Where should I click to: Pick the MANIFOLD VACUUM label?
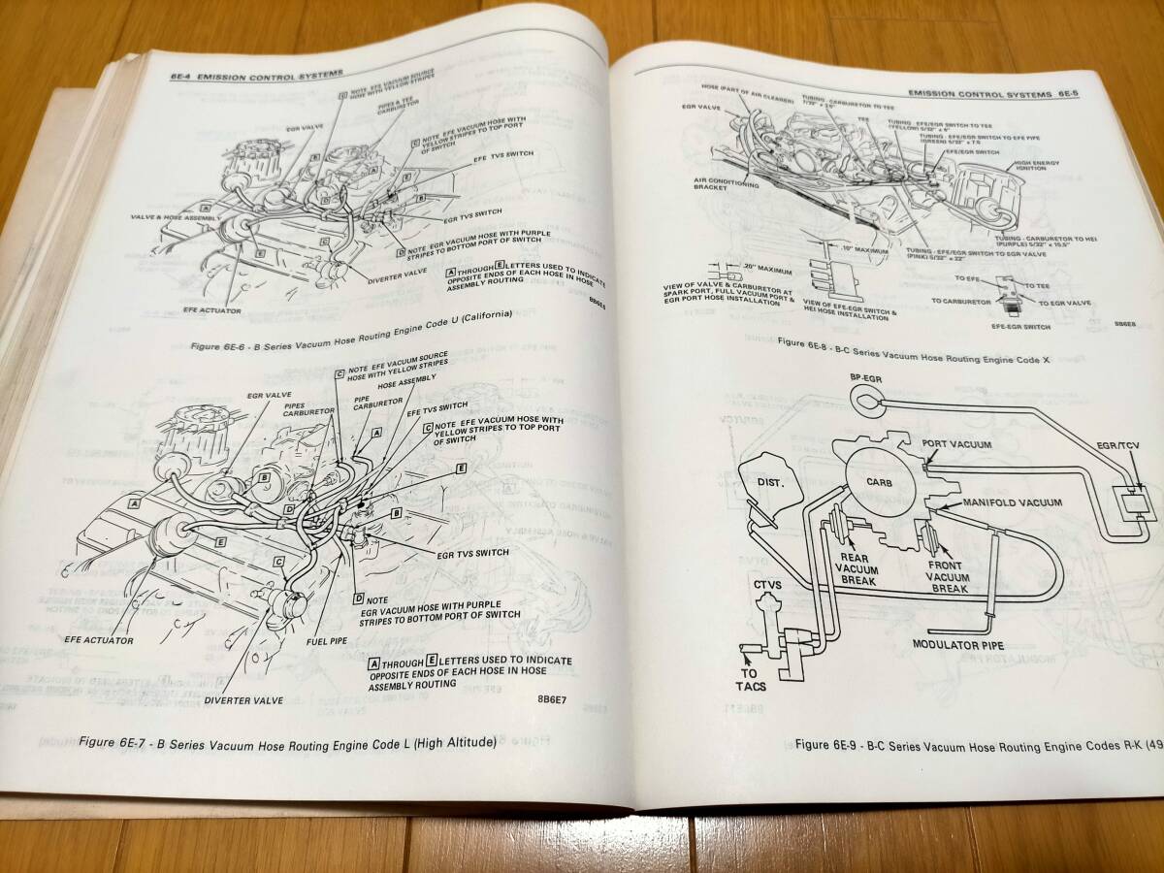pyautogui.click(x=1012, y=503)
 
